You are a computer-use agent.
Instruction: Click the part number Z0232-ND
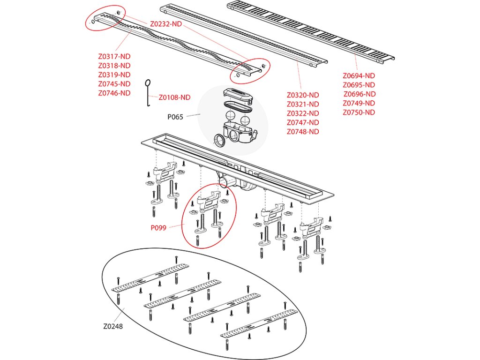(x=166, y=23)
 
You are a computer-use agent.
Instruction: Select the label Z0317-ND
(x=114, y=56)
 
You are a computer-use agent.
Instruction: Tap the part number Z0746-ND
(x=114, y=93)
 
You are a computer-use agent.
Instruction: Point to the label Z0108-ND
(x=174, y=97)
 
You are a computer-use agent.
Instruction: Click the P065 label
(x=176, y=117)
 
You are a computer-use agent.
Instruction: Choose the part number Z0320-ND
(x=303, y=95)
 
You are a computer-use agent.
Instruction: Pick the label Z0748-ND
(x=303, y=132)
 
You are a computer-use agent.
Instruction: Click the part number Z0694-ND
(x=359, y=75)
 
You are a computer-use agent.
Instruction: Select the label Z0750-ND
(x=359, y=112)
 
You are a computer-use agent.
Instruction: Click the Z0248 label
(x=113, y=327)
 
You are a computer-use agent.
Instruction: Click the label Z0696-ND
(x=360, y=94)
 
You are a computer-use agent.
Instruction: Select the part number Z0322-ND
(x=303, y=113)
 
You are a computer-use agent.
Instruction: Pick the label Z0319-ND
(x=114, y=75)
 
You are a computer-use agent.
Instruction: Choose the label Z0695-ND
(x=359, y=85)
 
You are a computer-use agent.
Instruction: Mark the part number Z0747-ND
(x=303, y=122)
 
